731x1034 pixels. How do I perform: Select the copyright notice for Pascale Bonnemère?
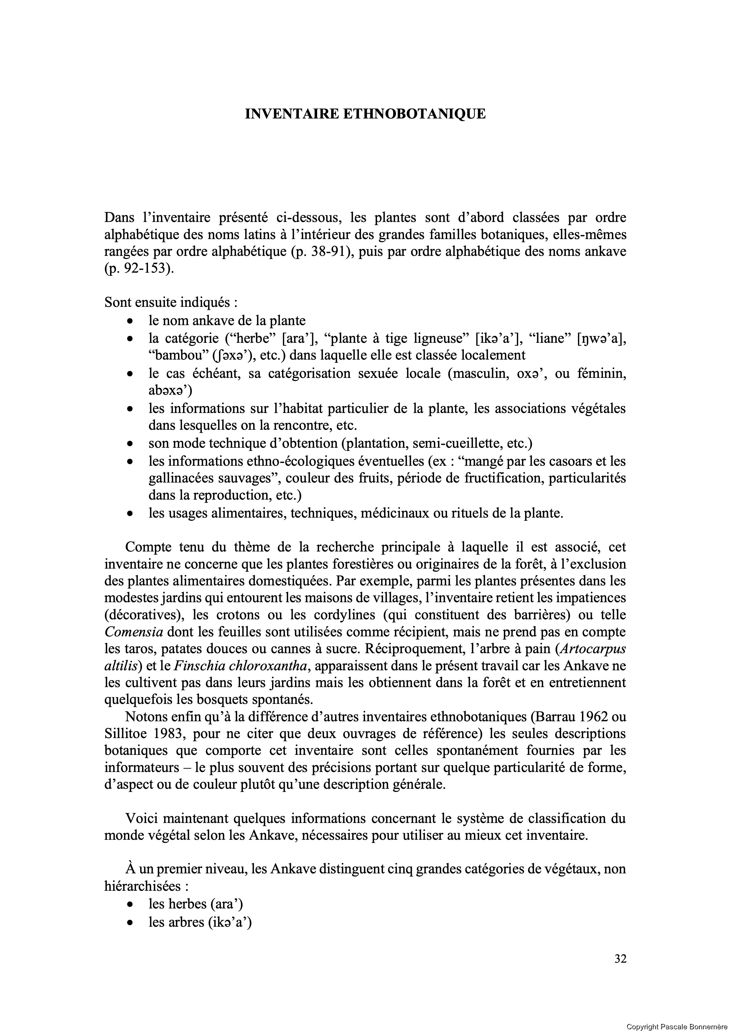tap(678, 1027)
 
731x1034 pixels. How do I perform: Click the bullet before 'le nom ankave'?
tap(130, 321)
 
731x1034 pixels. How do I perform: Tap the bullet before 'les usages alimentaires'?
tap(130, 514)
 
